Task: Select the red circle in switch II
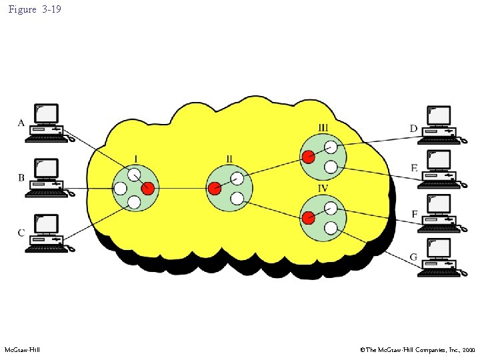pos(214,189)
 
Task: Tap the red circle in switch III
pos(308,157)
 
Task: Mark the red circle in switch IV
pos(308,217)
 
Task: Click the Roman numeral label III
pos(323,127)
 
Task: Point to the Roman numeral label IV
pos(323,188)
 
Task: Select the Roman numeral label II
pos(229,159)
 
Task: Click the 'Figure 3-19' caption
pos(35,9)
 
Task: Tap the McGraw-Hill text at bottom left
pos(22,349)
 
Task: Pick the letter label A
pos(21,123)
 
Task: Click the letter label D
pos(413,128)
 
